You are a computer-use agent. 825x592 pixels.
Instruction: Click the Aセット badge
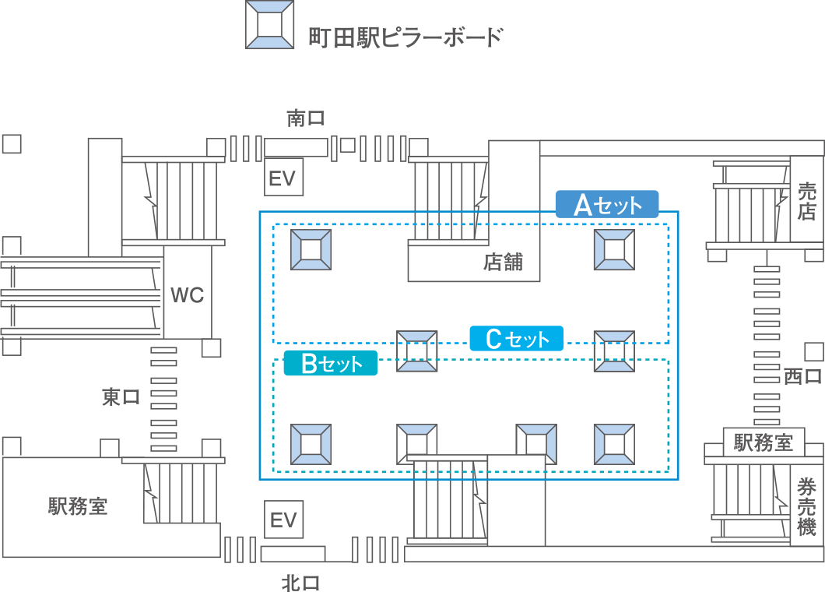coord(607,204)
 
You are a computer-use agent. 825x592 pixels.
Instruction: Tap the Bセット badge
coord(331,363)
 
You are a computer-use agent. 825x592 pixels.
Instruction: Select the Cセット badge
coord(517,338)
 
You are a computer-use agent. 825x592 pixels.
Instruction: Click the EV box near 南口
coord(283,177)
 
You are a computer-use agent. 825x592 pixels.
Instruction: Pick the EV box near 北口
coord(283,520)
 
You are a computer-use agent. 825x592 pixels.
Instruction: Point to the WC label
coord(188,295)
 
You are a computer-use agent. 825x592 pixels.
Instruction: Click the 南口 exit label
coord(306,118)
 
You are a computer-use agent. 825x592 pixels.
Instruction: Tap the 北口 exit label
coord(300,583)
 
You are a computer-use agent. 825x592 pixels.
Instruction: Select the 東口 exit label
coord(121,396)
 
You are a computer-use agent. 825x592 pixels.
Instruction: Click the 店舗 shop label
coord(503,262)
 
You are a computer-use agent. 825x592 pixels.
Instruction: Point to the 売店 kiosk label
coord(806,201)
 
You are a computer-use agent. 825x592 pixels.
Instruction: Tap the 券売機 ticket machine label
coord(806,506)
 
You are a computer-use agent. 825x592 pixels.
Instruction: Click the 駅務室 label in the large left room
coord(78,506)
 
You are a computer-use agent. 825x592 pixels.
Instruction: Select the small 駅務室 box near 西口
coord(764,442)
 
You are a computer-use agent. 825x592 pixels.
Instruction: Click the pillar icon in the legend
coord(270,25)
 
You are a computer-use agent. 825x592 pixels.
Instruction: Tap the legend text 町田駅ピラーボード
coord(405,37)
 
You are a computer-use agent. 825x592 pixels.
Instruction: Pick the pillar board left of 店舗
coord(311,249)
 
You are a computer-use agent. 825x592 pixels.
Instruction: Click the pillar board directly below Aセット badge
coord(614,249)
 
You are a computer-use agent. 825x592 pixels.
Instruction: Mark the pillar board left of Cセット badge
coord(416,351)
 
